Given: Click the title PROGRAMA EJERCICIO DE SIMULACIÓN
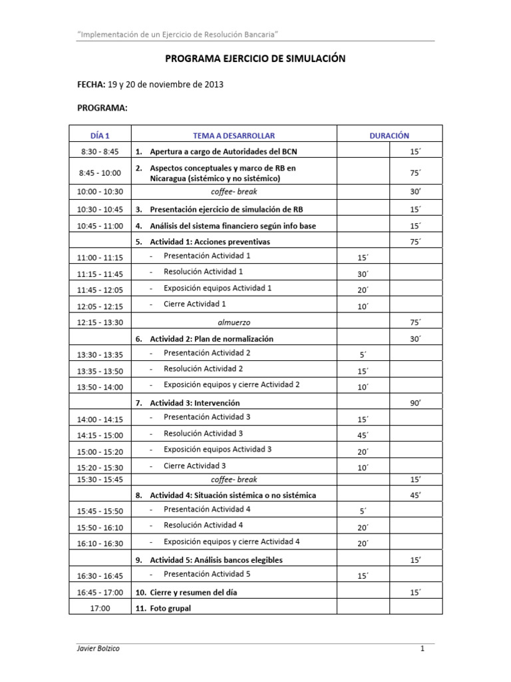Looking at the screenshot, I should (255, 59).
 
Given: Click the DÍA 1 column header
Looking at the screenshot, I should (100, 135).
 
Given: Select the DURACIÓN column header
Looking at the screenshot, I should (389, 135).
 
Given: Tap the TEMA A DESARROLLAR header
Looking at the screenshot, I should (234, 135).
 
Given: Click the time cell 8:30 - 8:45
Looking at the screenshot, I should (100, 152).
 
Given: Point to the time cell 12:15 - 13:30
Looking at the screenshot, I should (100, 322).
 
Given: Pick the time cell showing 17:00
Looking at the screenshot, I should (100, 608).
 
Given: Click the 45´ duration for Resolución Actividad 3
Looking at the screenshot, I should (363, 435).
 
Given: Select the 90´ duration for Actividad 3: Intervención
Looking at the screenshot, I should (416, 403).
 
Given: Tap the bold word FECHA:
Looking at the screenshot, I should (91, 85).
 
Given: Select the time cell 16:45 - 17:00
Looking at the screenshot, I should (100, 592).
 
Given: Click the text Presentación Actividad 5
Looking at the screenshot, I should (207, 573).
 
